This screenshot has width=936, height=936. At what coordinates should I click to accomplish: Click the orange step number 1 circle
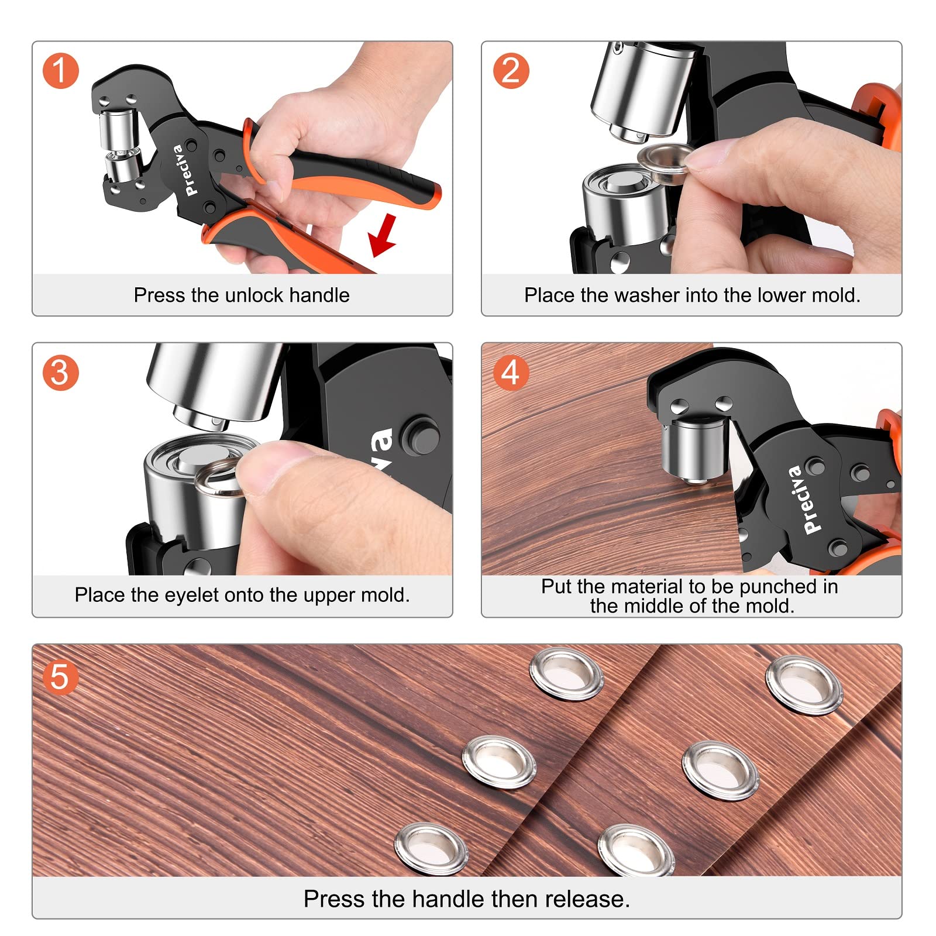(x=60, y=71)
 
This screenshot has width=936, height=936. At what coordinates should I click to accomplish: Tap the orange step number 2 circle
(x=511, y=71)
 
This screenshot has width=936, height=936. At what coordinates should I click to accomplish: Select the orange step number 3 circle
(x=60, y=373)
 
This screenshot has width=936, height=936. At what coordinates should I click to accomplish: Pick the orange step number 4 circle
(x=511, y=373)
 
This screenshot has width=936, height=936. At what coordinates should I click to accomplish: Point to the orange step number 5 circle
(x=60, y=677)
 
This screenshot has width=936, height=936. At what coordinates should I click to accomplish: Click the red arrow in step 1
(x=383, y=235)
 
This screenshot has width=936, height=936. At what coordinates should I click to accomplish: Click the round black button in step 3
(x=420, y=435)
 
